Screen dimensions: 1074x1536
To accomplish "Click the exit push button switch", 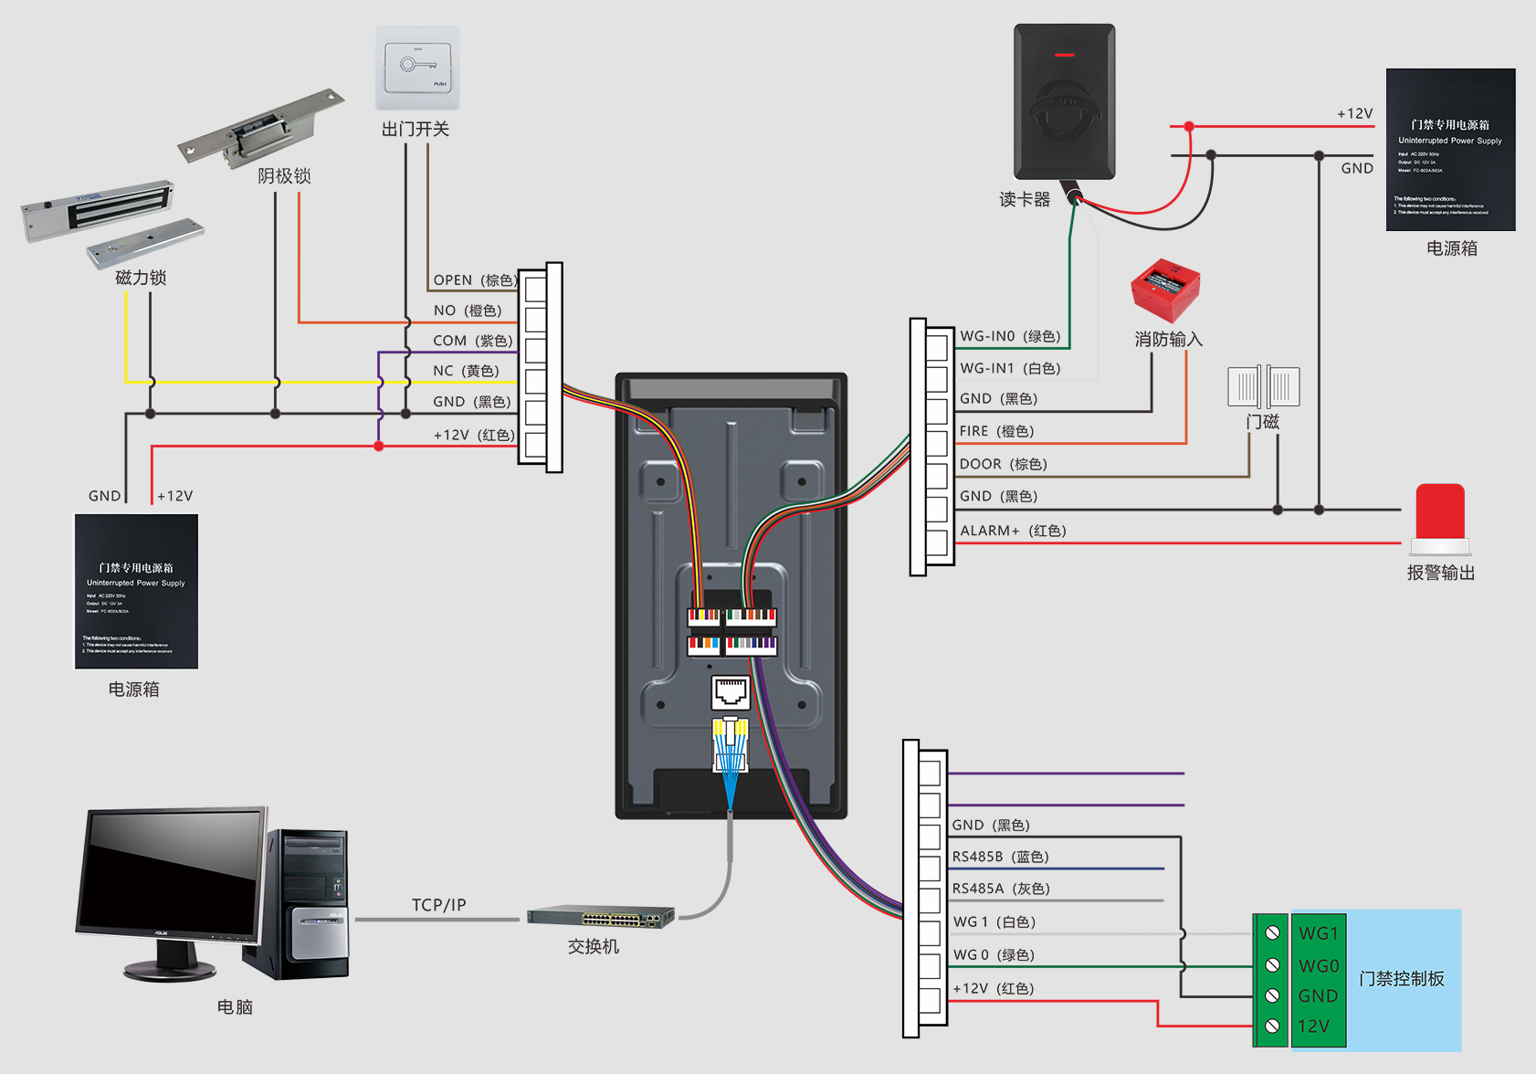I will click(x=418, y=68).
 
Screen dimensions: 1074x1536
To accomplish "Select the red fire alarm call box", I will click(x=1165, y=290).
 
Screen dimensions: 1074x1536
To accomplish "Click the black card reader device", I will click(x=1065, y=101).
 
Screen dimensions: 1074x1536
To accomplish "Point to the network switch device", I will click(x=601, y=916).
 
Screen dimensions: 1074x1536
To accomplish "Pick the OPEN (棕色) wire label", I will click(x=475, y=280).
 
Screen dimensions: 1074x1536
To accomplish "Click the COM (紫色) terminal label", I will click(x=473, y=341).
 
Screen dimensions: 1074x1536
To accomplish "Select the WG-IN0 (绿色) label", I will click(x=1010, y=336).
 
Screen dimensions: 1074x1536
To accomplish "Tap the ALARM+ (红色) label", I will click(x=1013, y=531).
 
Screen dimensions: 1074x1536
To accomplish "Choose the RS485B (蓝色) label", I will click(x=1000, y=857).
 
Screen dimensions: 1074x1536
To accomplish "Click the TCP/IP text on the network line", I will click(x=438, y=905).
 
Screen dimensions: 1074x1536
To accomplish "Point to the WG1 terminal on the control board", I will click(x=1319, y=933).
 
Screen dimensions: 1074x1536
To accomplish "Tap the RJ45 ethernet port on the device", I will click(x=731, y=692).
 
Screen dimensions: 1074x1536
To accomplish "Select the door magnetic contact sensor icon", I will click(x=1264, y=386).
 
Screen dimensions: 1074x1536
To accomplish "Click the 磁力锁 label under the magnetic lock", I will click(x=141, y=278).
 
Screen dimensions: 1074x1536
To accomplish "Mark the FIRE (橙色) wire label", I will click(x=996, y=431).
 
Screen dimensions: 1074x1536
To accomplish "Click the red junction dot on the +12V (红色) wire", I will click(x=379, y=446).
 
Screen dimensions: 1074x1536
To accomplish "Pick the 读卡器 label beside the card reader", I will click(x=1025, y=200).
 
